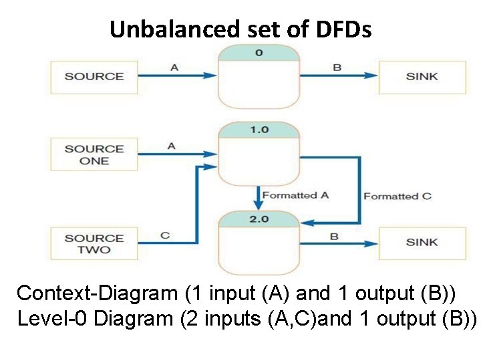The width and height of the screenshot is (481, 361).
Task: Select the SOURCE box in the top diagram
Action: tap(94, 76)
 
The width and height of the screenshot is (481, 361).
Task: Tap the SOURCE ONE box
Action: tap(94, 154)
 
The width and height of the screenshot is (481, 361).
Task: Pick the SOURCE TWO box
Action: tap(94, 244)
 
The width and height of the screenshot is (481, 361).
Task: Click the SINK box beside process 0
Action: tap(422, 76)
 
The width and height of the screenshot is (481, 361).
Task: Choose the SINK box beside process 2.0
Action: tap(422, 242)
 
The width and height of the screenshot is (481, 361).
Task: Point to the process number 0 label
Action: tap(259, 52)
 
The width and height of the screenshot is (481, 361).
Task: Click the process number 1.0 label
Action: tap(259, 130)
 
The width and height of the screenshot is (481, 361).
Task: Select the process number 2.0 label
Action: tap(259, 219)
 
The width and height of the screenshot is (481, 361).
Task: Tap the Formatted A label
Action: tap(295, 195)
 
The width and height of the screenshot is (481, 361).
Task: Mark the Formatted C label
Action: tap(397, 196)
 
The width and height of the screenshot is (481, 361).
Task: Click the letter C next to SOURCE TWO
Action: tap(165, 235)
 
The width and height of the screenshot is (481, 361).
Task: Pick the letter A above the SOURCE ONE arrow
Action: tap(172, 146)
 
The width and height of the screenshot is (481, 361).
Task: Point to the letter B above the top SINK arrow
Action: tap(337, 68)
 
